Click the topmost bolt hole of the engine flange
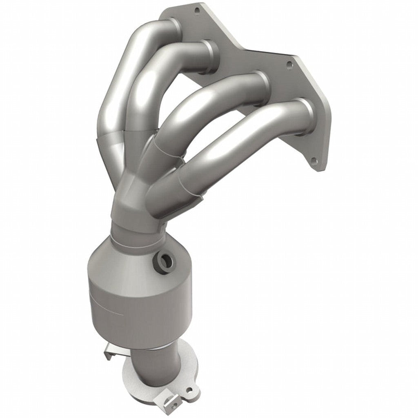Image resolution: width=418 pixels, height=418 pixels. (x=197, y=9)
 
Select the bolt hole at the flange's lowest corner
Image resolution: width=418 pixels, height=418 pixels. (x=313, y=160)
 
